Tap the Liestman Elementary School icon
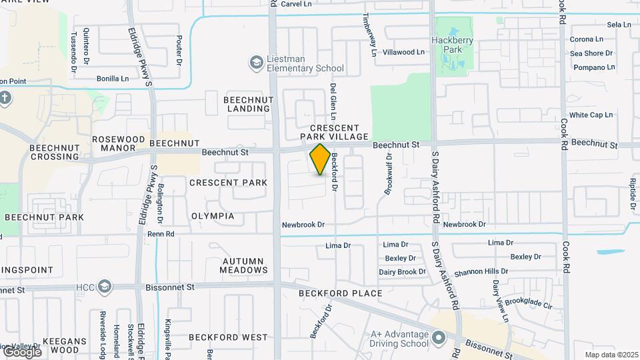pos(255,63)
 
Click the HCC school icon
pos(103,287)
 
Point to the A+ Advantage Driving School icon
pos(438,339)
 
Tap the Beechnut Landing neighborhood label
pos(248,103)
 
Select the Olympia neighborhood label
pos(213,217)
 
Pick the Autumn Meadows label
pos(245,265)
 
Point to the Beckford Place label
pos(340,293)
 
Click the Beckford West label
pos(228,337)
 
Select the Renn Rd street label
pos(161,234)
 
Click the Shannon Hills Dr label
pos(481,272)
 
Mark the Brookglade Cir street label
pos(529,303)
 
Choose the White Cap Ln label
pos(591,115)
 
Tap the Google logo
pos(21,352)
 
